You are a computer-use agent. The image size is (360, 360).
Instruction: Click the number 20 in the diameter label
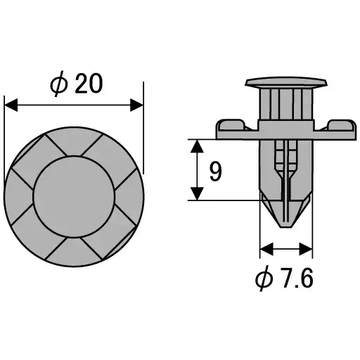click(x=89, y=84)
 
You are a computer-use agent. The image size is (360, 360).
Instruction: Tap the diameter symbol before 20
click(x=59, y=84)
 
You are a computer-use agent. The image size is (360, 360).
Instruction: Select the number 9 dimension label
click(x=216, y=172)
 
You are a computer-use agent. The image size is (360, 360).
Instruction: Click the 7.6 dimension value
click(x=298, y=279)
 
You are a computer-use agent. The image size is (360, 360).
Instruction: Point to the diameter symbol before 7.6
click(x=264, y=279)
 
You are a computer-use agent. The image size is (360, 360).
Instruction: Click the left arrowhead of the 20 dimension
click(x=11, y=105)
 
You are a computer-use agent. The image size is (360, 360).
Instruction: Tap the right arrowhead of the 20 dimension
click(x=136, y=105)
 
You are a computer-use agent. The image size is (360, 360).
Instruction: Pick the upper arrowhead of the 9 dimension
click(x=198, y=146)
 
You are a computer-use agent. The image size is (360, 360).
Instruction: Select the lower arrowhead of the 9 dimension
click(x=198, y=193)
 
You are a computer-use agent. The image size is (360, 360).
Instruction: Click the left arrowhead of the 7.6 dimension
click(x=266, y=249)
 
